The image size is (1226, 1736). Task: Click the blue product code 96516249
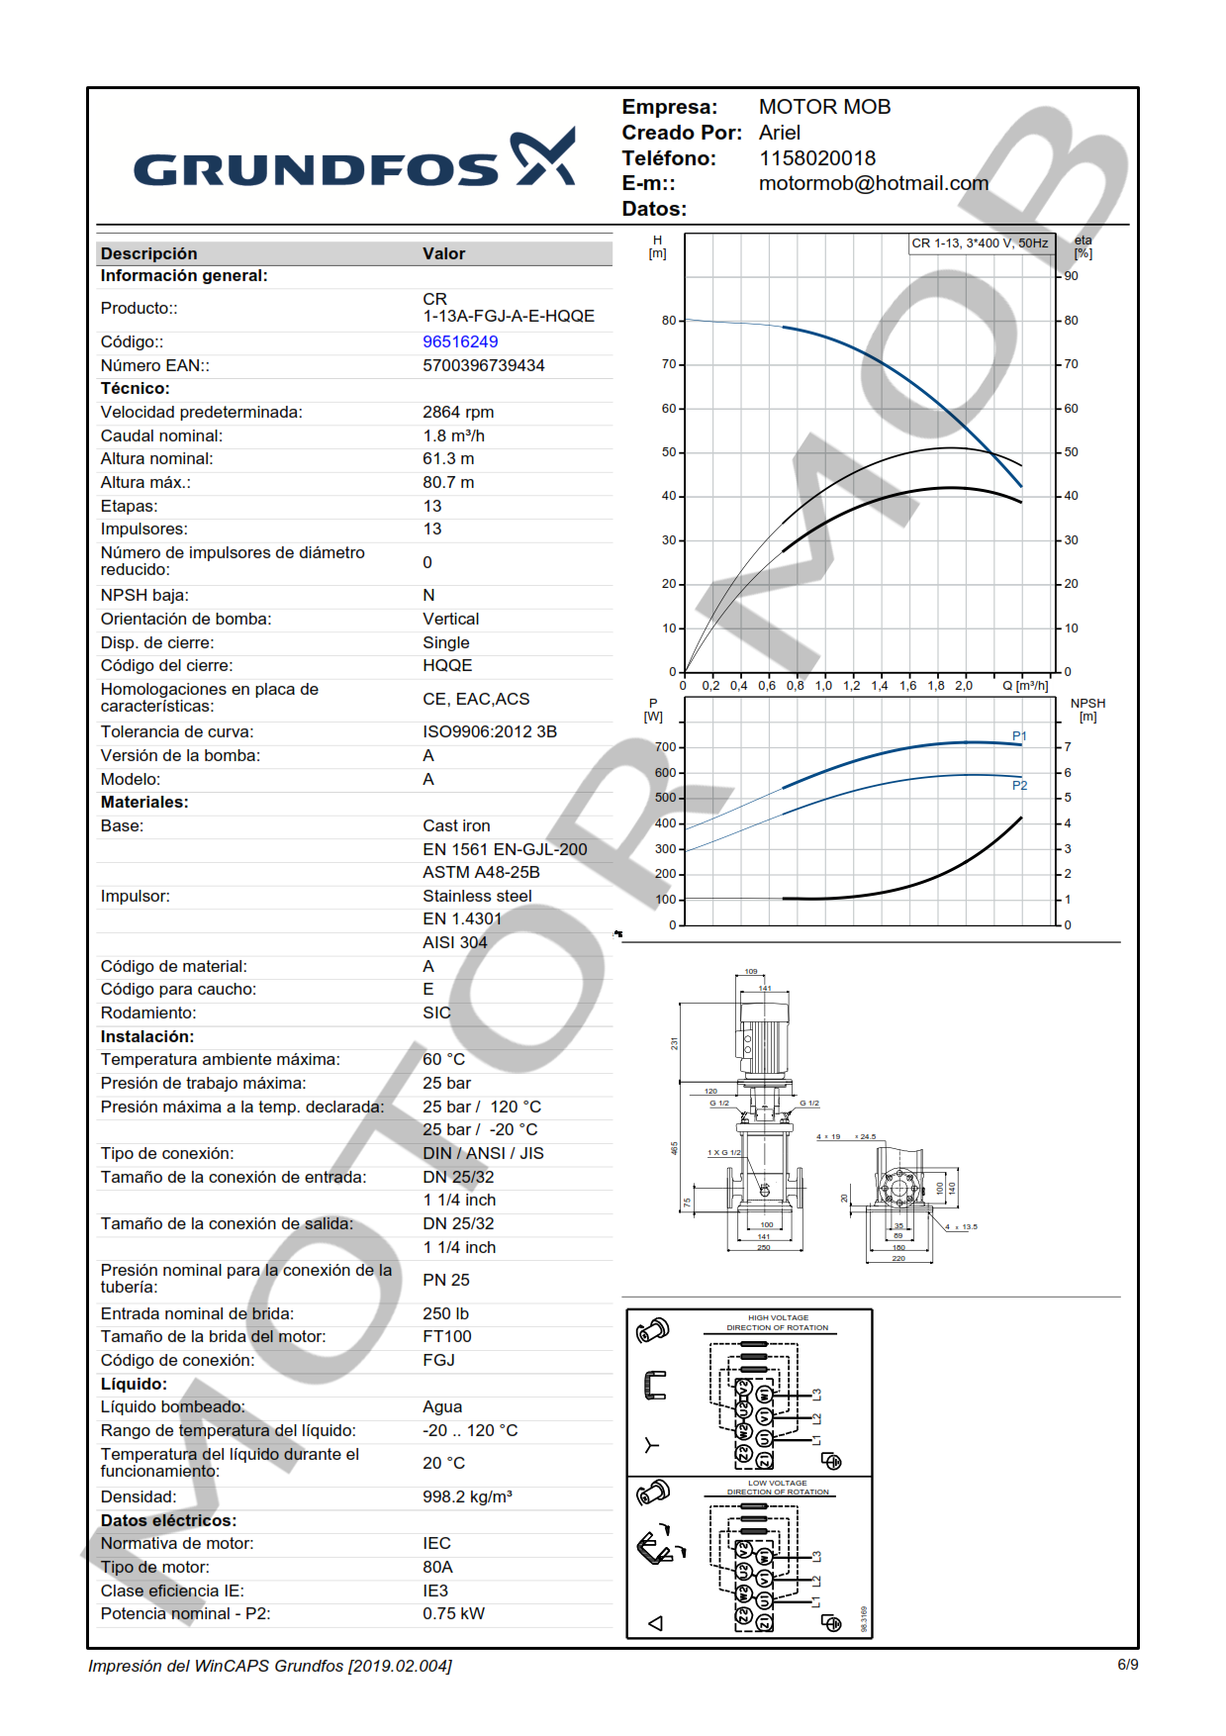pyautogui.click(x=460, y=341)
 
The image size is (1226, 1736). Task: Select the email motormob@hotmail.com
pyautogui.click(x=873, y=183)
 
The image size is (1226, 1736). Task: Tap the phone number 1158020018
pyautogui.click(x=816, y=158)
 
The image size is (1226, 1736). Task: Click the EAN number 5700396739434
pyautogui.click(x=483, y=365)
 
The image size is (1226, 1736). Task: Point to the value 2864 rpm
pyautogui.click(x=457, y=412)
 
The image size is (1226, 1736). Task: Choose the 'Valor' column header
pyautogui.click(x=443, y=253)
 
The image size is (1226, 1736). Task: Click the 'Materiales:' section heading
pyautogui.click(x=144, y=802)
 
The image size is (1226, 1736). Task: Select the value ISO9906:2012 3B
pyautogui.click(x=489, y=731)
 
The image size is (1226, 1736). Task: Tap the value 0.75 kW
pyautogui.click(x=453, y=1613)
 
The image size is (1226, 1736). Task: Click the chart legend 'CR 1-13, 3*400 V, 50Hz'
pyautogui.click(x=979, y=243)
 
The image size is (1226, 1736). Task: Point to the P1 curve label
pyautogui.click(x=1019, y=735)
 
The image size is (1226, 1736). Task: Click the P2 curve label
pyautogui.click(x=1019, y=785)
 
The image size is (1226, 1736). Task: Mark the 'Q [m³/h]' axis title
pyautogui.click(x=1024, y=685)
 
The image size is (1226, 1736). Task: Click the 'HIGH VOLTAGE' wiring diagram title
pyautogui.click(x=778, y=1317)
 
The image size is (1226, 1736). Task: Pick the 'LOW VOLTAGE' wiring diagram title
pyautogui.click(x=777, y=1483)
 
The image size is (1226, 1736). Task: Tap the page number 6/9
pyautogui.click(x=1127, y=1665)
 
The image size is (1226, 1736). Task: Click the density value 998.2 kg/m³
pyautogui.click(x=467, y=1496)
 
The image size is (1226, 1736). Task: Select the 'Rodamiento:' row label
pyautogui.click(x=148, y=1013)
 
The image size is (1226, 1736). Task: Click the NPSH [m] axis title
pyautogui.click(x=1087, y=710)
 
